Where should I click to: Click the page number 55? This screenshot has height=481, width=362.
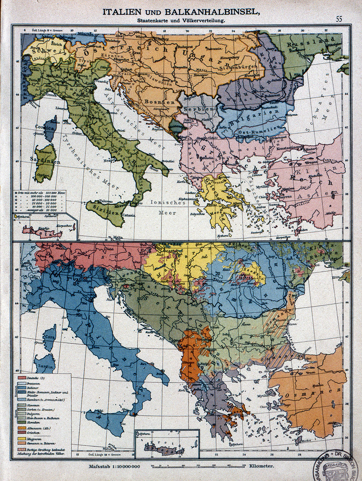tap(339, 19)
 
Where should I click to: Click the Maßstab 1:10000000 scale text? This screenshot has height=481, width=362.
tap(114, 467)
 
